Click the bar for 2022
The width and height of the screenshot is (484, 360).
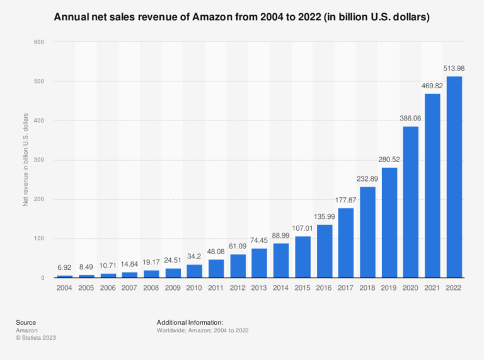[x=454, y=177]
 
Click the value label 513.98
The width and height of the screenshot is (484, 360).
[x=454, y=69]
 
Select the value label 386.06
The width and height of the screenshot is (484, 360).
[x=411, y=119]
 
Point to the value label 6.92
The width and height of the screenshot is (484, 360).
[x=65, y=268]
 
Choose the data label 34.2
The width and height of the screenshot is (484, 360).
[x=194, y=257]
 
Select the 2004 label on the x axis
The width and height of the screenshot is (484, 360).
[x=65, y=288]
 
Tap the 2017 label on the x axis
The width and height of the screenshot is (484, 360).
[x=346, y=288]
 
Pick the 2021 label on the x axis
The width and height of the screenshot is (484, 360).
[x=432, y=288]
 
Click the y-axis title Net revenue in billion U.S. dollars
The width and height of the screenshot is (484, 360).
[x=26, y=160]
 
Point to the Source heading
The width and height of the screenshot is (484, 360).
[x=26, y=322]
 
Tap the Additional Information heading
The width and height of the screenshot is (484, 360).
[x=190, y=322]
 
